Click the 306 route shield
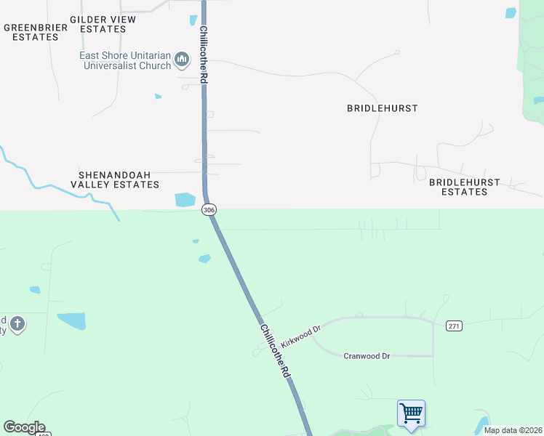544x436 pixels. (209, 209)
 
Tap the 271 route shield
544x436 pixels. (455, 326)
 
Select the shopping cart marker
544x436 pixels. (411, 413)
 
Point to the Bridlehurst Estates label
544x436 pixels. (464, 187)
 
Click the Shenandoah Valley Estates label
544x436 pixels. (119, 179)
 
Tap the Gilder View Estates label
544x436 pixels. (103, 24)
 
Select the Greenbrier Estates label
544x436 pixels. (36, 32)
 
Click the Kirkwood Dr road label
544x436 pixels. (300, 337)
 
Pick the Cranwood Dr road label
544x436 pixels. (367, 355)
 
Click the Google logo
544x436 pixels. (24, 427)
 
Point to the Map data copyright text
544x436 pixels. (512, 430)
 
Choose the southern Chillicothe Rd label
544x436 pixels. (276, 349)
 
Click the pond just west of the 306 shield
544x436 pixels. (185, 199)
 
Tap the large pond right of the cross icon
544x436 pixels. (71, 320)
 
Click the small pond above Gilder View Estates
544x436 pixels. (193, 20)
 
